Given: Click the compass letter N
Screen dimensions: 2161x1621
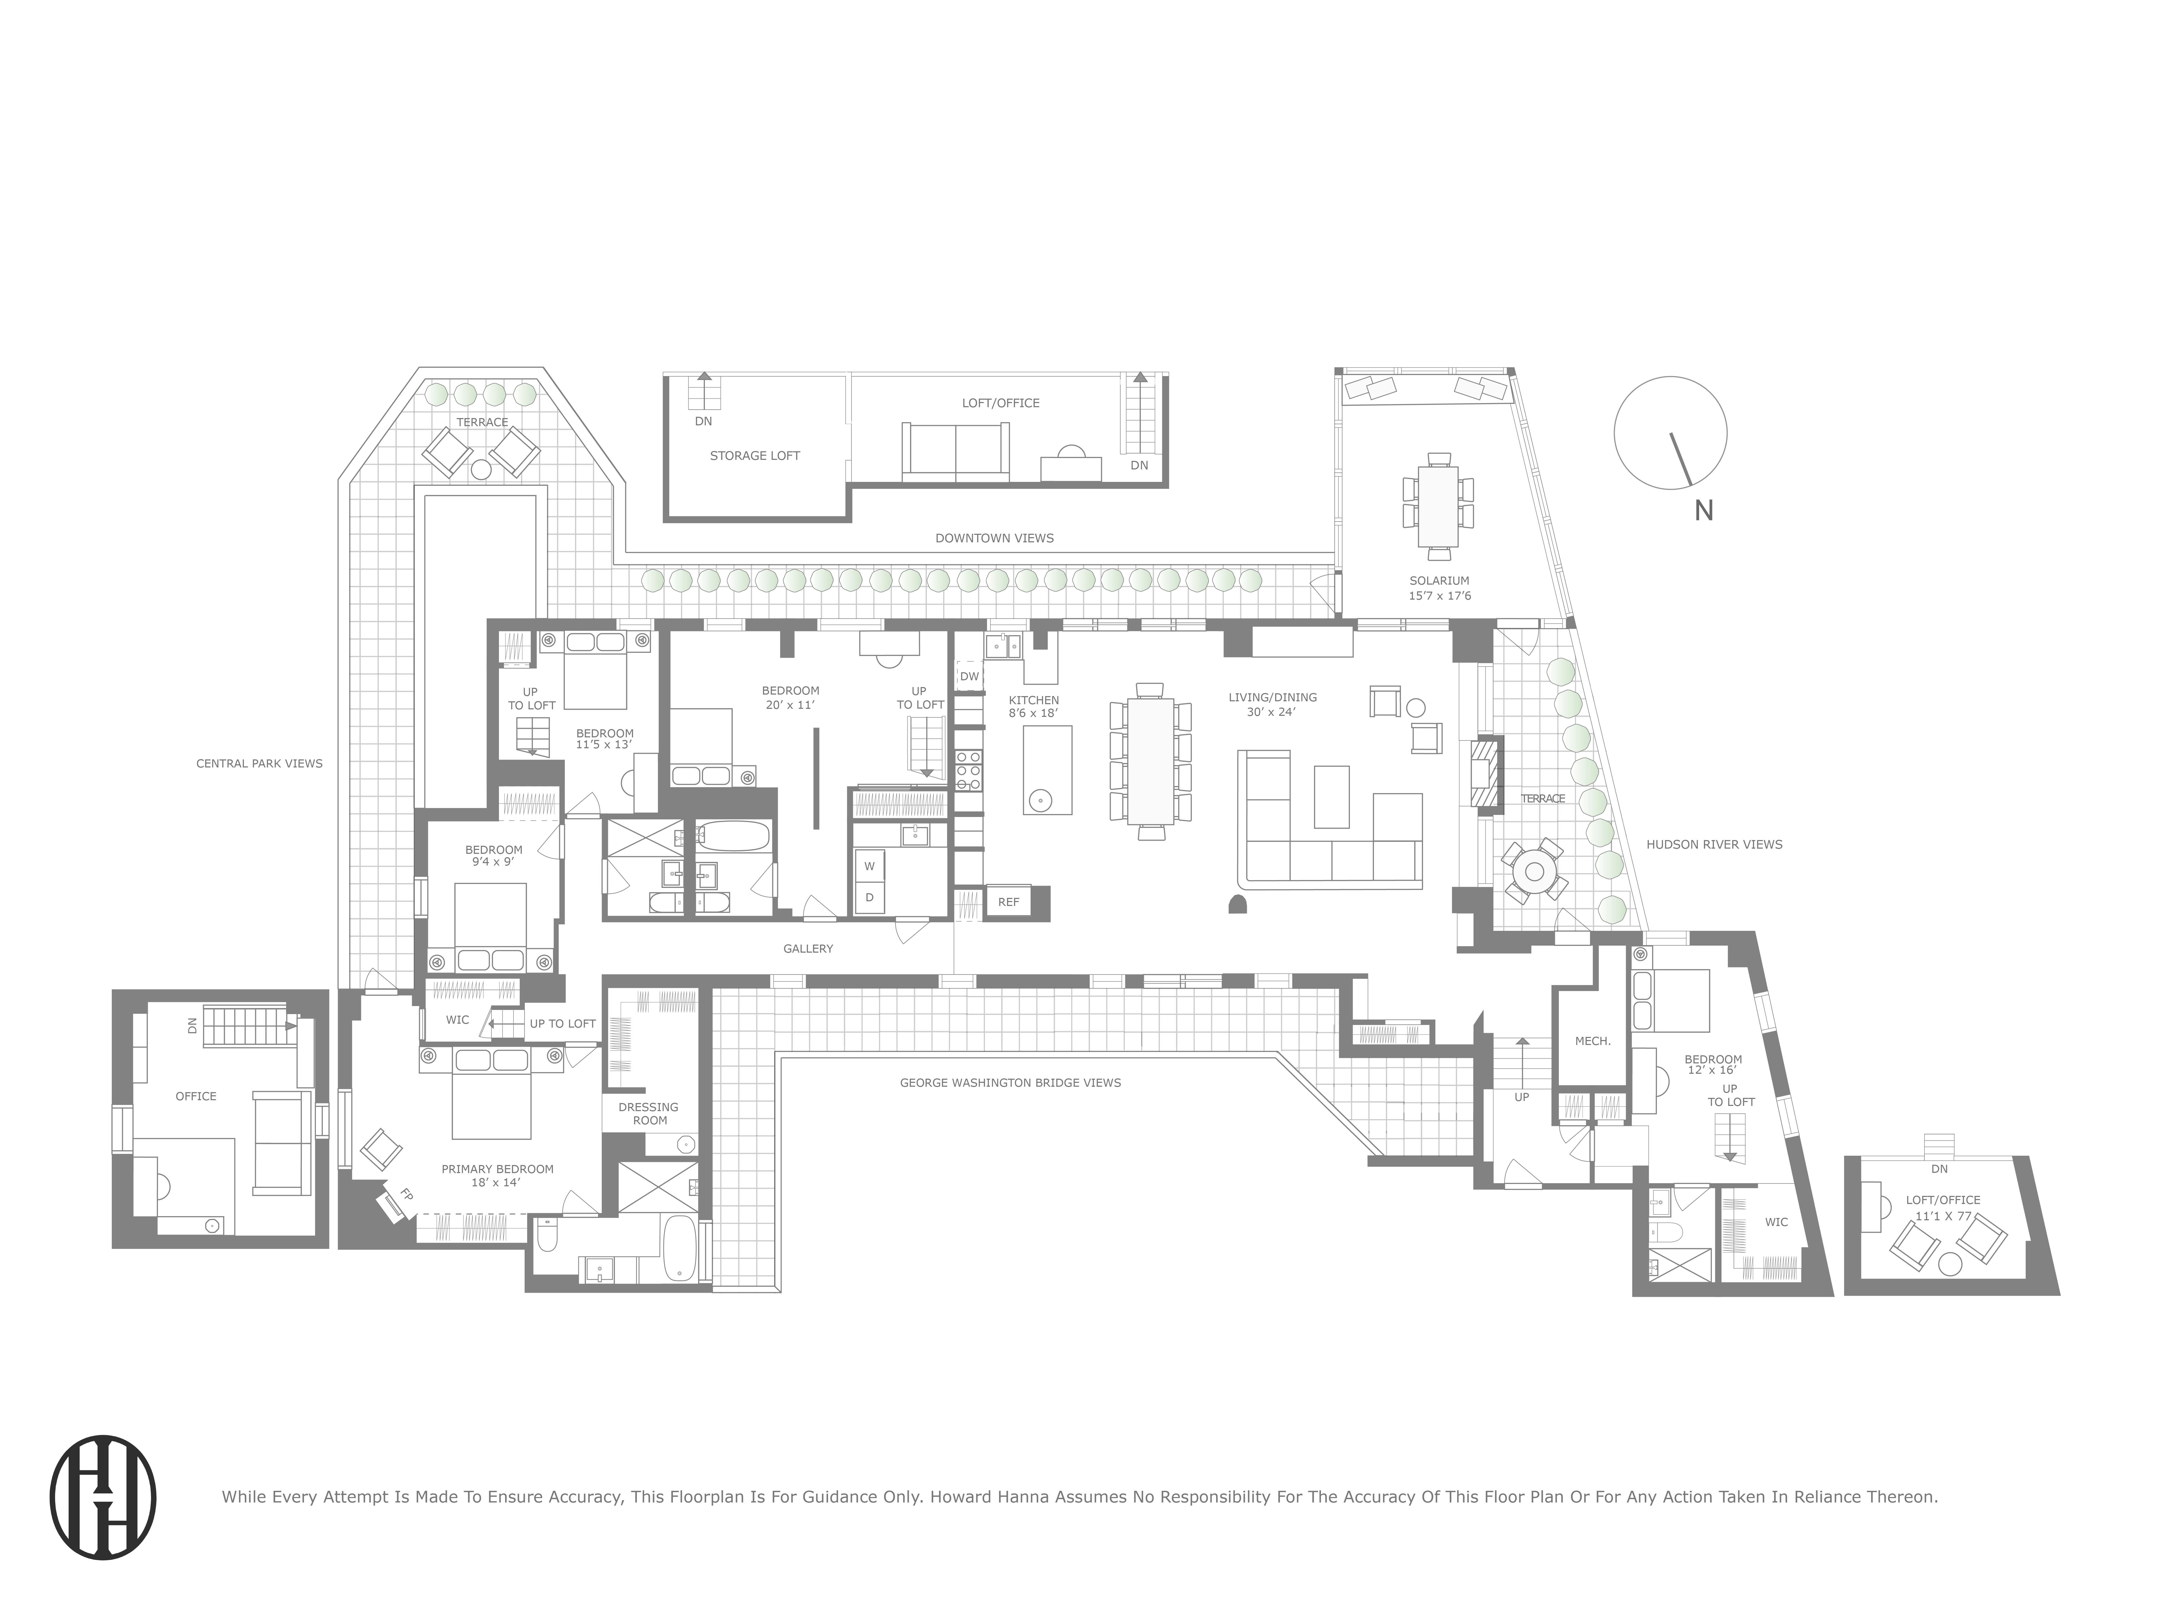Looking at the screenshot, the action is (1704, 510).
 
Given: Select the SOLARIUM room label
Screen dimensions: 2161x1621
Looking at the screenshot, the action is (1439, 580).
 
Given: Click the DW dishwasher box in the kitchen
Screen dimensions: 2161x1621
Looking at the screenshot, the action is (969, 676).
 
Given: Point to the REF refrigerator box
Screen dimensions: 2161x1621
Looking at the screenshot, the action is (1008, 902).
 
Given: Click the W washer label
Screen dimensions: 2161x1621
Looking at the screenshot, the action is (868, 866).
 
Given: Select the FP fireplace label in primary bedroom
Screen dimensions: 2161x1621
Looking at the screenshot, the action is (405, 1194).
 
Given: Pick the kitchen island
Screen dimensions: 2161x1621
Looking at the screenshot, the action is (1047, 770).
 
